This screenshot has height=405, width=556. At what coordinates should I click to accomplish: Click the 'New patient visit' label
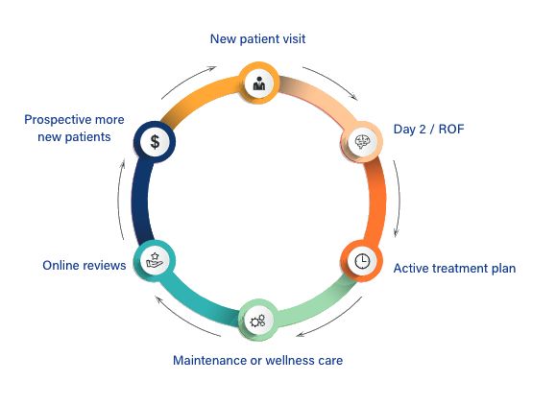257,39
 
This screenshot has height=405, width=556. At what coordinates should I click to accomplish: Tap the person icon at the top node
259,83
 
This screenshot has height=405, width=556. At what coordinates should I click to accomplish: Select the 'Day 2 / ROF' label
428,129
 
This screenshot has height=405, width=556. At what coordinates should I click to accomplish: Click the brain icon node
362,142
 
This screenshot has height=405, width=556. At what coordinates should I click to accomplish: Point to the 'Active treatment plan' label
454,268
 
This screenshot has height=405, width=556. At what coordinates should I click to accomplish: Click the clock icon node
362,261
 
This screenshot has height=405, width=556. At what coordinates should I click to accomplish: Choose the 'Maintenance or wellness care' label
257,360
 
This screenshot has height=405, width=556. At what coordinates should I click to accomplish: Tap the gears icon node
258,321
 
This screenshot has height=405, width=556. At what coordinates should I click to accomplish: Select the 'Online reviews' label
85,266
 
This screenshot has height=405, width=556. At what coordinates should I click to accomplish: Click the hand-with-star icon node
155,261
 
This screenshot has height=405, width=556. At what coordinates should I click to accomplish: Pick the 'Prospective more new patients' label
74,129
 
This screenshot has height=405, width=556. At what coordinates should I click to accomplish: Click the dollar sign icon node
155,142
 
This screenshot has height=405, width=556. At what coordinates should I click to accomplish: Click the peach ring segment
319,98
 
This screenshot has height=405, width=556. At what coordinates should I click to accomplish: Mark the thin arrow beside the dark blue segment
120,201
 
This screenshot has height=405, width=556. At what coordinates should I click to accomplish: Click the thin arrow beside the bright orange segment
398,199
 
